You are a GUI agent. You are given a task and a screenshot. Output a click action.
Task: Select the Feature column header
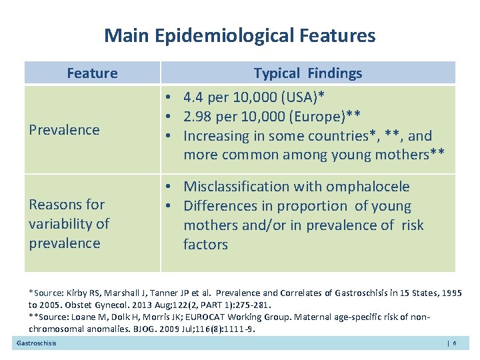(92, 73)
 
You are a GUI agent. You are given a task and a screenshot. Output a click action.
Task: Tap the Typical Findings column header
(307, 73)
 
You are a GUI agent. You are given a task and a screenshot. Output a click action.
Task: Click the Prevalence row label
(64, 129)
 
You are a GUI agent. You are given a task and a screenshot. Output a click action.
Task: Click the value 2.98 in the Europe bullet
(199, 117)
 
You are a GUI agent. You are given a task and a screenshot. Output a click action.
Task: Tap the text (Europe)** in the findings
(325, 117)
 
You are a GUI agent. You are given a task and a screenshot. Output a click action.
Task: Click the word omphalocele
(369, 187)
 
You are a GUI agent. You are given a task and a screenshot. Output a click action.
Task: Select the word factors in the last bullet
(205, 245)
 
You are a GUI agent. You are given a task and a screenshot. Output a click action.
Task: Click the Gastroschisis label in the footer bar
(35, 343)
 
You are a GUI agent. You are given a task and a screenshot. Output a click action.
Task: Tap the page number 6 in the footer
(454, 343)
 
